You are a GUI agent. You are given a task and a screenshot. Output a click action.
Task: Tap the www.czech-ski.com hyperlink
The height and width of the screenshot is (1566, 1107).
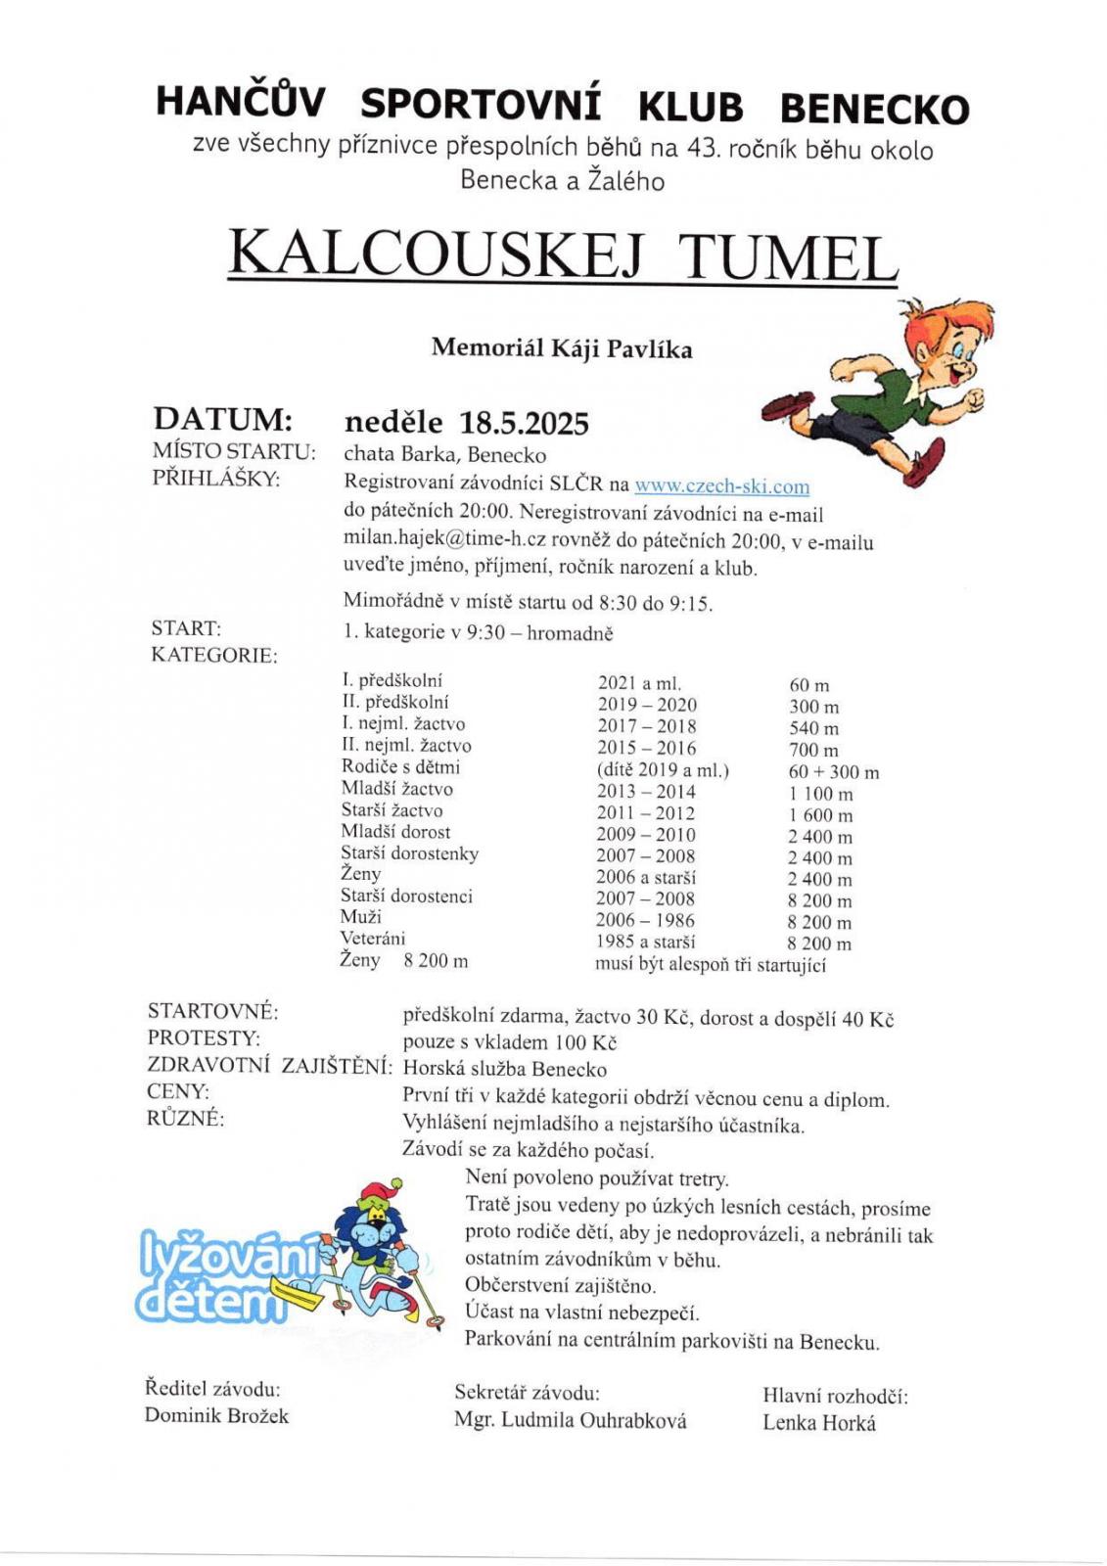coord(721,485)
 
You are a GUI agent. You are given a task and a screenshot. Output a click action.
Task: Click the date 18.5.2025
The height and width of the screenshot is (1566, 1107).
coord(524,424)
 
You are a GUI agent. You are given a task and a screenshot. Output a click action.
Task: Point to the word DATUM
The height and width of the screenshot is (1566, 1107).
coord(222,419)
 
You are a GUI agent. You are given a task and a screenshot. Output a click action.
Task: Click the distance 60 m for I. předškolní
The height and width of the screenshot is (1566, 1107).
coord(808,685)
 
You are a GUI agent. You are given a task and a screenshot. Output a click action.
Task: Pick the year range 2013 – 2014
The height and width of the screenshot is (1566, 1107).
coord(646,791)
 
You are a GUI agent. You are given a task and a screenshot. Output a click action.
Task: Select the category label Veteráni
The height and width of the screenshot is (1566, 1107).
coord(372,938)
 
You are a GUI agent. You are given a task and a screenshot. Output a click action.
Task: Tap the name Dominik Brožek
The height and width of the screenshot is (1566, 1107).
coord(216,1415)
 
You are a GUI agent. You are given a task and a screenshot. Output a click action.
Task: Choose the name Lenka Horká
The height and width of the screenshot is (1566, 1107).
coord(818,1423)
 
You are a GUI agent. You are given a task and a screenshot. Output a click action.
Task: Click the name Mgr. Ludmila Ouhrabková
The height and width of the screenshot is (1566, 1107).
coord(570,1420)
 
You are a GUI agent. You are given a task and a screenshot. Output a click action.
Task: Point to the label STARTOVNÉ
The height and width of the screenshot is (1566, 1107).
coord(212,1011)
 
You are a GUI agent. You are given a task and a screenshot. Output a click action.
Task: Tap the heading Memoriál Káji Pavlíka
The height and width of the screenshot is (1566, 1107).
coord(561,348)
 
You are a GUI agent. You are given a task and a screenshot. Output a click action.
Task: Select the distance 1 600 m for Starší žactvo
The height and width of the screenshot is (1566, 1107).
coord(819,815)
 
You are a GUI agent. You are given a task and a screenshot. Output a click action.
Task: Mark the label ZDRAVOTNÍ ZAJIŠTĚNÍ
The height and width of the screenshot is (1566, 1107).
coord(269,1066)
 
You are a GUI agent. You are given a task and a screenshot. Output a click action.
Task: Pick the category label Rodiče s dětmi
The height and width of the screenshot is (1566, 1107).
coord(400,766)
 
